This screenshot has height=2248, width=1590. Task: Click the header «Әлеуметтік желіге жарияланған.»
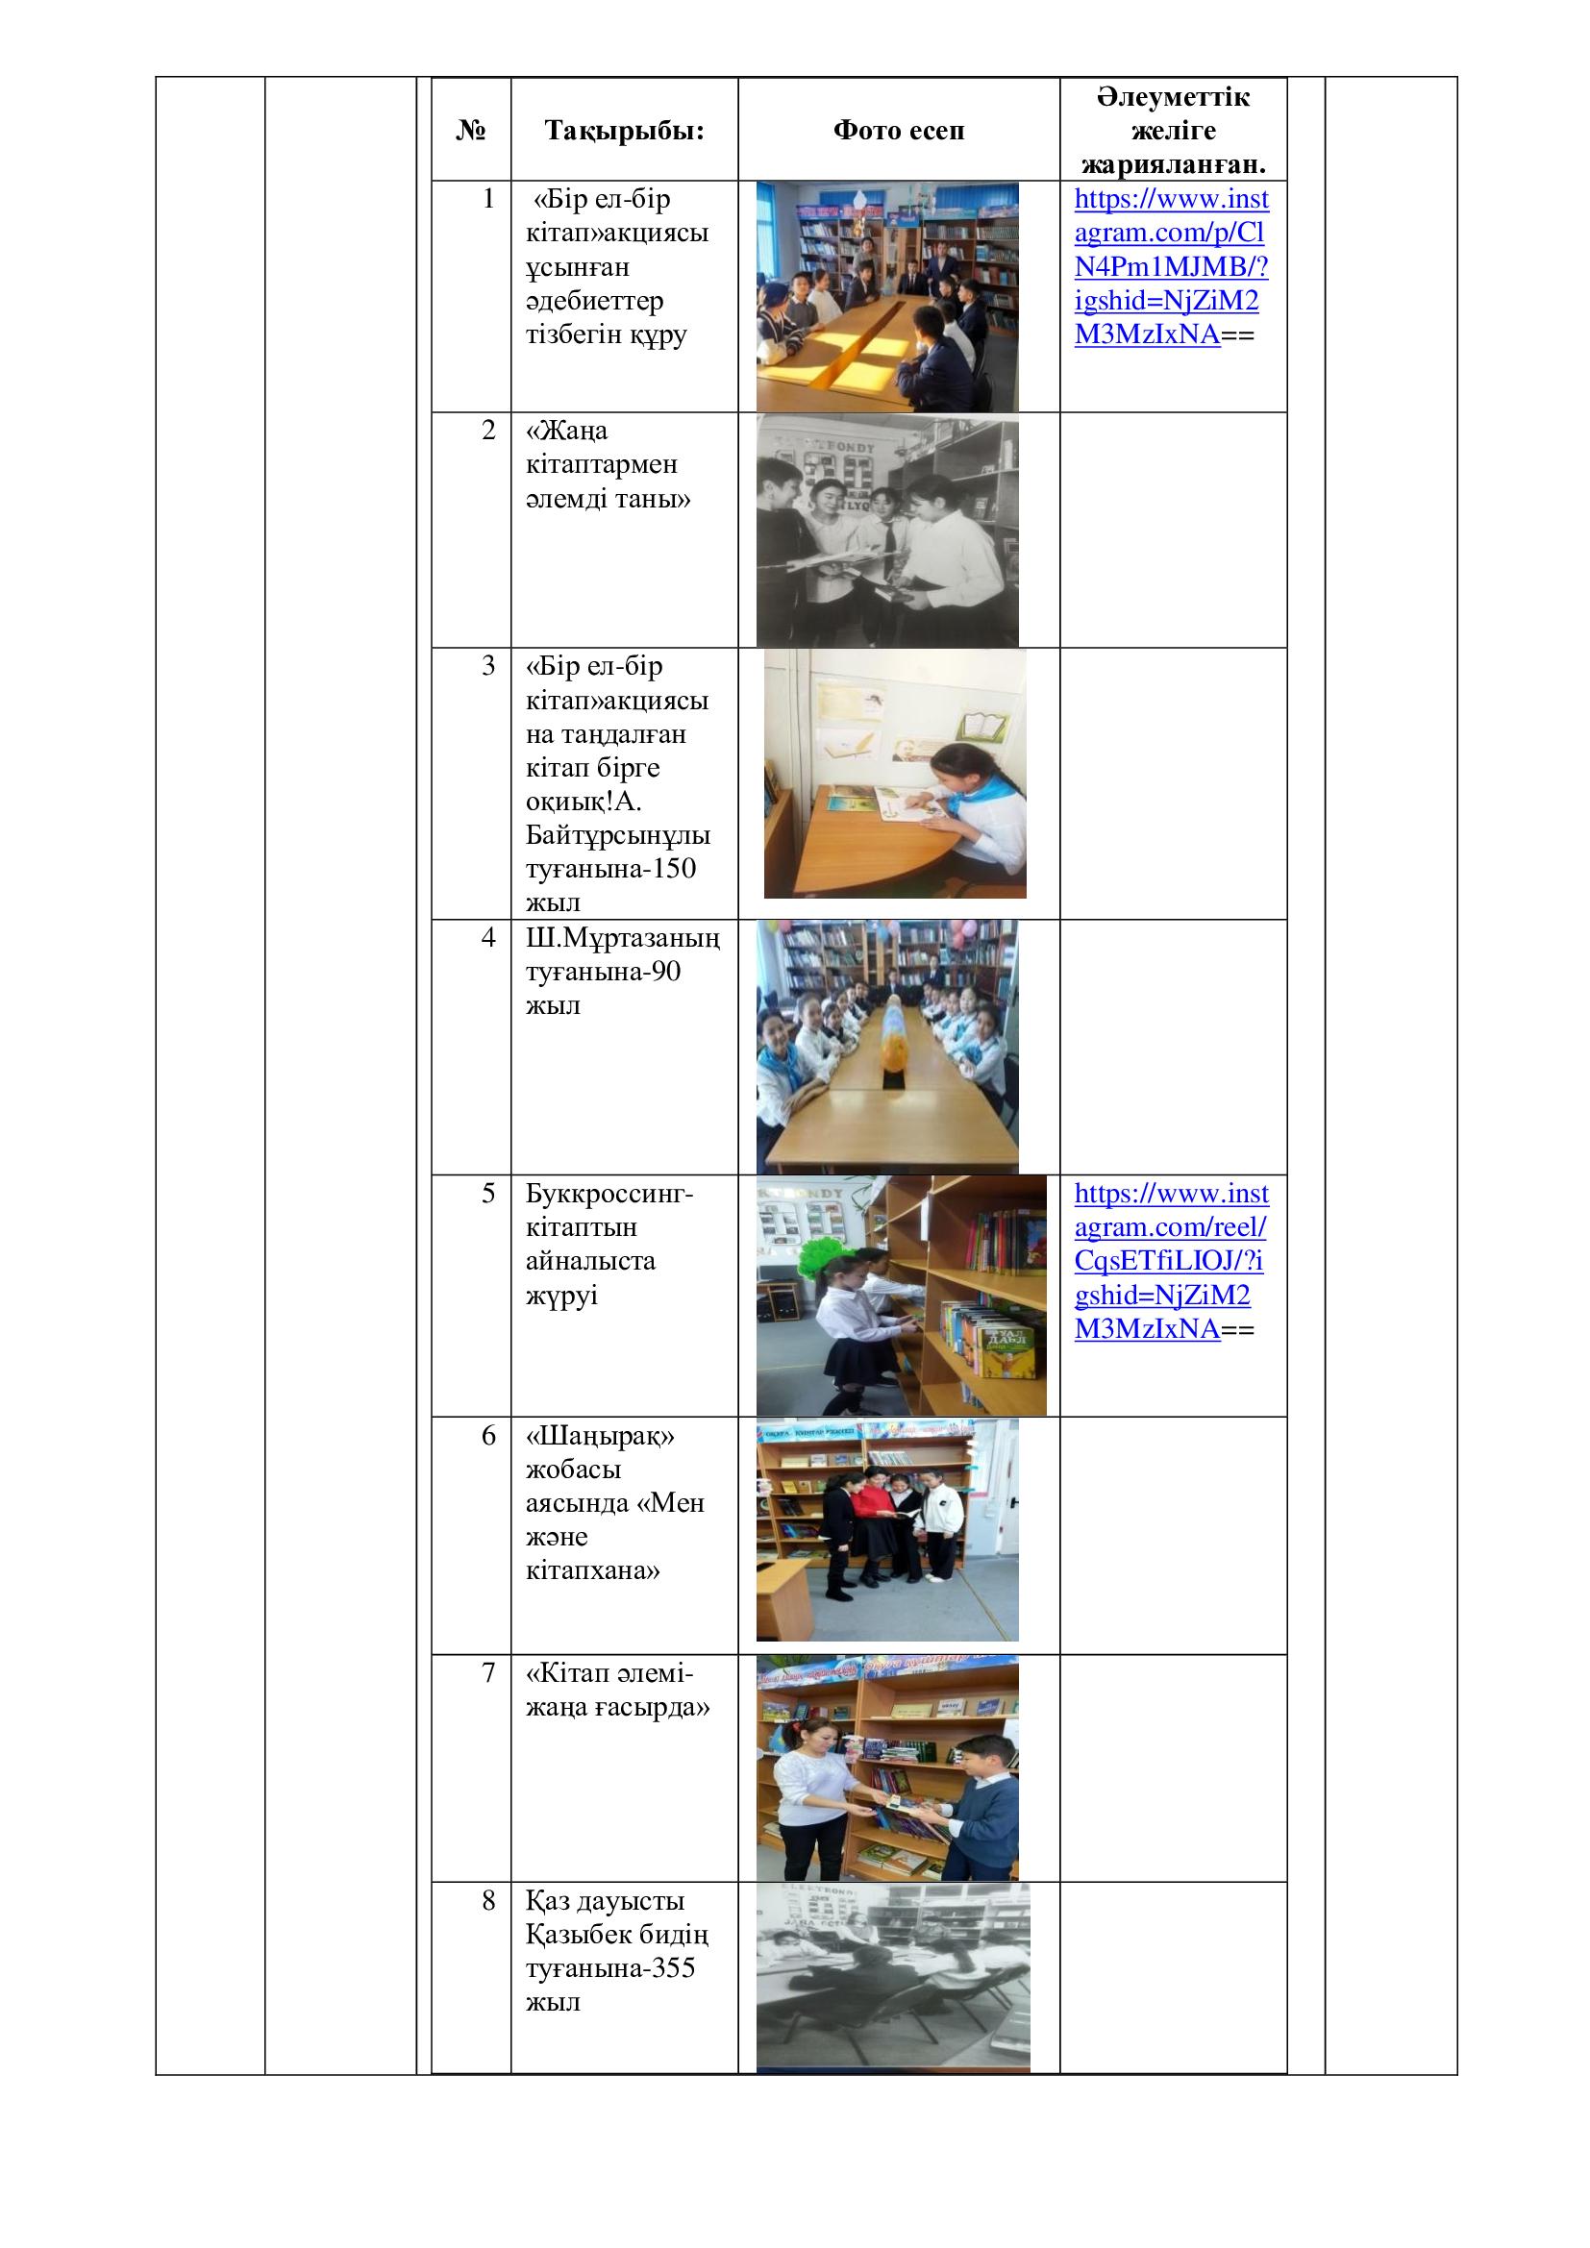pyautogui.click(x=1172, y=130)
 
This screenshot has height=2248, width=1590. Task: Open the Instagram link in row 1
pyautogui.click(x=1171, y=266)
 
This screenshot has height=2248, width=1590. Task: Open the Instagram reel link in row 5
pyautogui.click(x=1171, y=1261)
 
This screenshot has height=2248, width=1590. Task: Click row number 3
pyautogui.click(x=488, y=667)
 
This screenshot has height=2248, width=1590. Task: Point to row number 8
pyautogui.click(x=488, y=1900)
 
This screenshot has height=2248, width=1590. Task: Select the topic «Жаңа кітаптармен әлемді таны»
pyautogui.click(x=607, y=465)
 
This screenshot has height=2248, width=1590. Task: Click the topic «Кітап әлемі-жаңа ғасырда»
pyautogui.click(x=617, y=1690)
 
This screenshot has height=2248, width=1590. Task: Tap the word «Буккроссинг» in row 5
pyautogui.click(x=608, y=1194)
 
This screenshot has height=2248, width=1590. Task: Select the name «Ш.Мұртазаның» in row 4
pyautogui.click(x=623, y=938)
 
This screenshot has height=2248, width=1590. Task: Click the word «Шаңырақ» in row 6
pyautogui.click(x=600, y=1436)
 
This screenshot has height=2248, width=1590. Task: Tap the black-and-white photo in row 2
pyautogui.click(x=887, y=530)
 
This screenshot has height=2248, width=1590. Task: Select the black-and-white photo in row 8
pyautogui.click(x=892, y=1978)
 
